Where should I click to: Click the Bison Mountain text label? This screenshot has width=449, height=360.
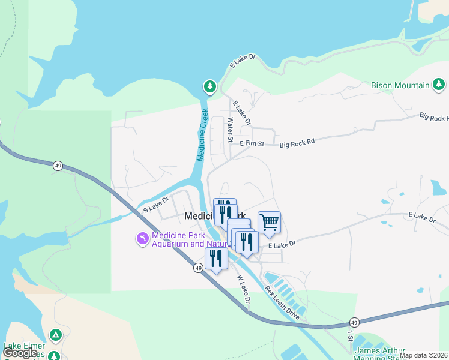click(400, 85)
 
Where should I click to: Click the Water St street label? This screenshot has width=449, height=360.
click(230, 130)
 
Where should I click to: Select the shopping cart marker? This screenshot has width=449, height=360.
click(270, 223)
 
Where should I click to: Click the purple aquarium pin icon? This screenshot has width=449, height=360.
click(142, 239)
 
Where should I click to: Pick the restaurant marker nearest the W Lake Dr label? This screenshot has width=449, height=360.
click(216, 259)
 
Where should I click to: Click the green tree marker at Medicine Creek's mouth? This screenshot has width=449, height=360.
click(209, 87)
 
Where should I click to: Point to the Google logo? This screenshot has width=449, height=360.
click(20, 353)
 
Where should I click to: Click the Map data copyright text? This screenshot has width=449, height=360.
click(424, 355)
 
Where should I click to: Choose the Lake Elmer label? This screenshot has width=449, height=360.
click(24, 346)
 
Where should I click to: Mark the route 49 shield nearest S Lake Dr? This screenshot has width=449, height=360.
click(58, 166)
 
